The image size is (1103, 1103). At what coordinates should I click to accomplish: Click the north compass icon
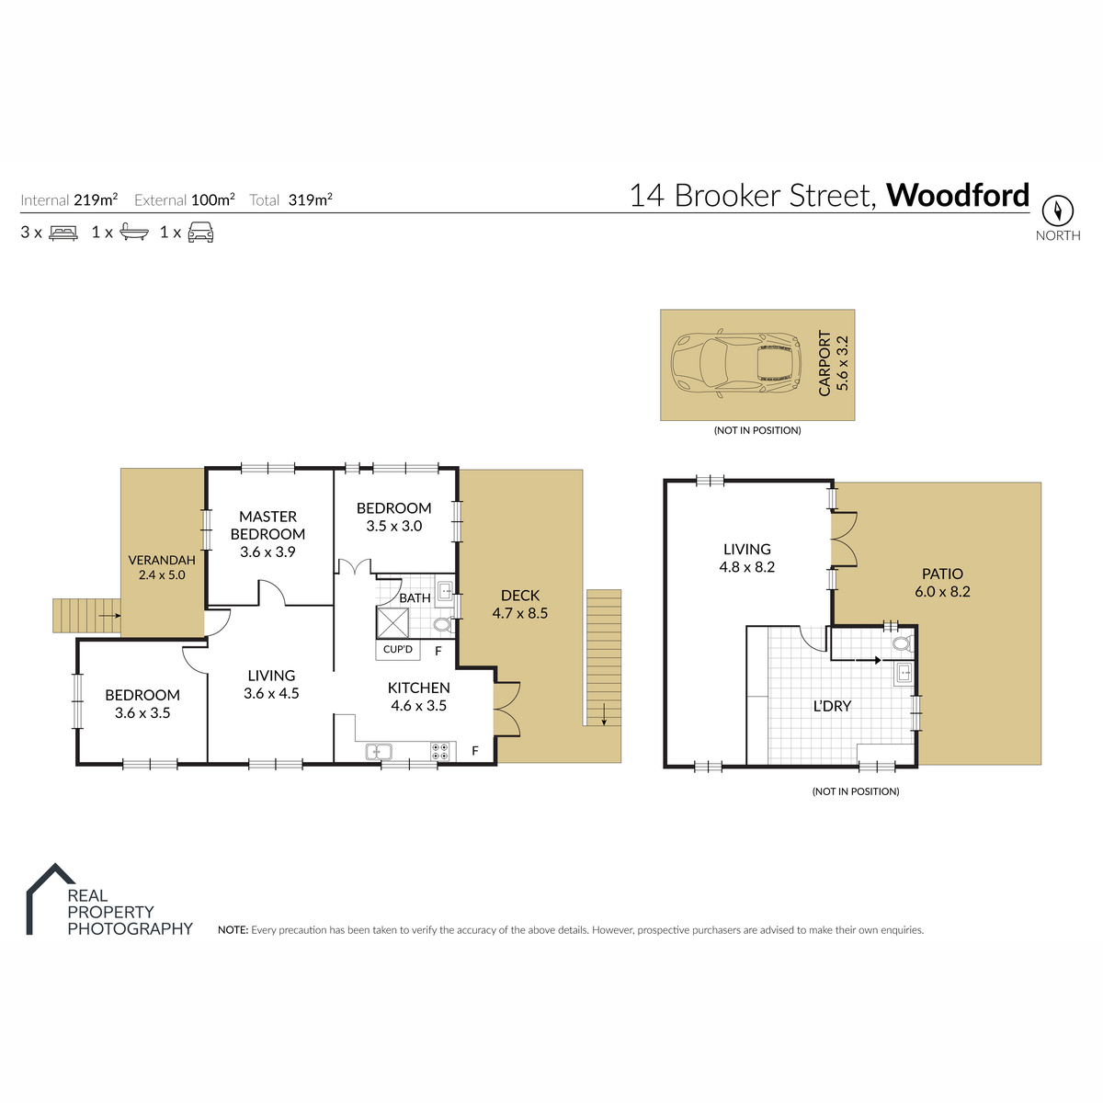[1057, 210]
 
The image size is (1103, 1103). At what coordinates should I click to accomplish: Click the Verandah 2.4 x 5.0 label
[162, 567]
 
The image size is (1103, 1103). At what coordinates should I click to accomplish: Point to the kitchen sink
[379, 752]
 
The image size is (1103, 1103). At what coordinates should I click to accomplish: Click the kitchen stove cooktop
[440, 752]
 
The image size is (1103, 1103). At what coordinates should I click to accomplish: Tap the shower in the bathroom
[392, 623]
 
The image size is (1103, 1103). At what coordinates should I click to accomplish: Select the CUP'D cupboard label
[398, 650]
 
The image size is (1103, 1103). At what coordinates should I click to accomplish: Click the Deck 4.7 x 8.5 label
[519, 604]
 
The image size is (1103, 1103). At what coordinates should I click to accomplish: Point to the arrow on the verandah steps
[109, 615]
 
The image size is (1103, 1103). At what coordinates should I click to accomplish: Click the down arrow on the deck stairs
[604, 715]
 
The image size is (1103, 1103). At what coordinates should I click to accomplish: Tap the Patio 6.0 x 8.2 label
[942, 582]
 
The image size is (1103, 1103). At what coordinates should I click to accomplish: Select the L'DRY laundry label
[832, 706]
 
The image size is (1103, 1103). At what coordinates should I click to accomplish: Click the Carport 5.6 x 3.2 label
[833, 363]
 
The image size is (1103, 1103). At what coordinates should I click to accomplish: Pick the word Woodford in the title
[958, 195]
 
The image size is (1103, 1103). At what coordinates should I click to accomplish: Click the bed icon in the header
[63, 233]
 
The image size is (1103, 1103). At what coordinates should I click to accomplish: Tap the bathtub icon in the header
[134, 233]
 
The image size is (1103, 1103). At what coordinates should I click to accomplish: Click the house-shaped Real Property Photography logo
[51, 899]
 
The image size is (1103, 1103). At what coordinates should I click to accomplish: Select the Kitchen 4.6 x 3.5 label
[419, 696]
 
